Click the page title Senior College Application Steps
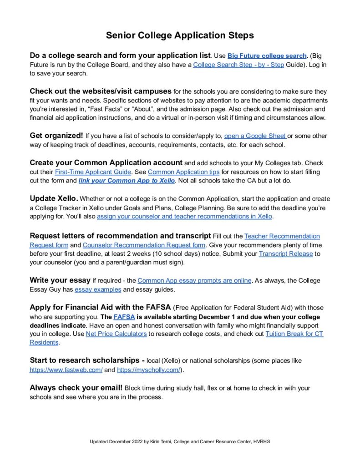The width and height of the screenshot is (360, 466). click(x=180, y=35)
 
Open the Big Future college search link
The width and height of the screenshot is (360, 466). click(x=267, y=56)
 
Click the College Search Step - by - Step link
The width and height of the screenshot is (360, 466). click(x=238, y=65)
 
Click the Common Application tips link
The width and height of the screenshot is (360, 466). click(x=183, y=172)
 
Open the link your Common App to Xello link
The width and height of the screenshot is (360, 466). click(x=127, y=181)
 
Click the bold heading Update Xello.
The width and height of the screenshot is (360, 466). click(x=54, y=198)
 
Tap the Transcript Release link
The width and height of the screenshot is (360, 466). click(x=285, y=253)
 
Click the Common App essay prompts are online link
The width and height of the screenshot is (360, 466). click(x=194, y=280)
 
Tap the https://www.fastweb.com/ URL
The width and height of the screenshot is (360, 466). click(x=66, y=370)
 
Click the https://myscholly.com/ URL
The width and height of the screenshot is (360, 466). click(x=149, y=370)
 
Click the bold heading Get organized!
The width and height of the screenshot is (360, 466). click(x=56, y=136)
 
